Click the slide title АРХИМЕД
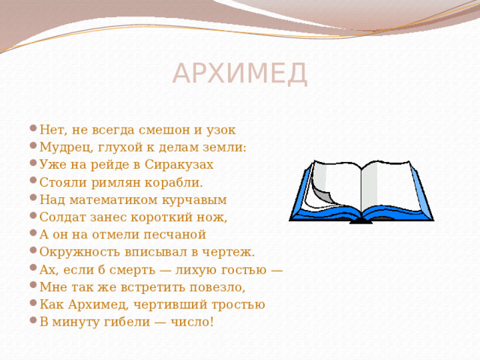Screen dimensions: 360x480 pyautogui.click(x=240, y=73)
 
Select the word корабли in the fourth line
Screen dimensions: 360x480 pyautogui.click(x=181, y=182)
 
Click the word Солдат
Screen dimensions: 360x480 pyautogui.click(x=59, y=217)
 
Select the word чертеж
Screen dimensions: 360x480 pyautogui.click(x=232, y=252)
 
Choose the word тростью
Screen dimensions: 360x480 pyautogui.click(x=237, y=304)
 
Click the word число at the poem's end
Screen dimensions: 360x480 pyautogui.click(x=194, y=322)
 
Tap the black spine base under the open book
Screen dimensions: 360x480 pyautogui.click(x=361, y=220)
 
